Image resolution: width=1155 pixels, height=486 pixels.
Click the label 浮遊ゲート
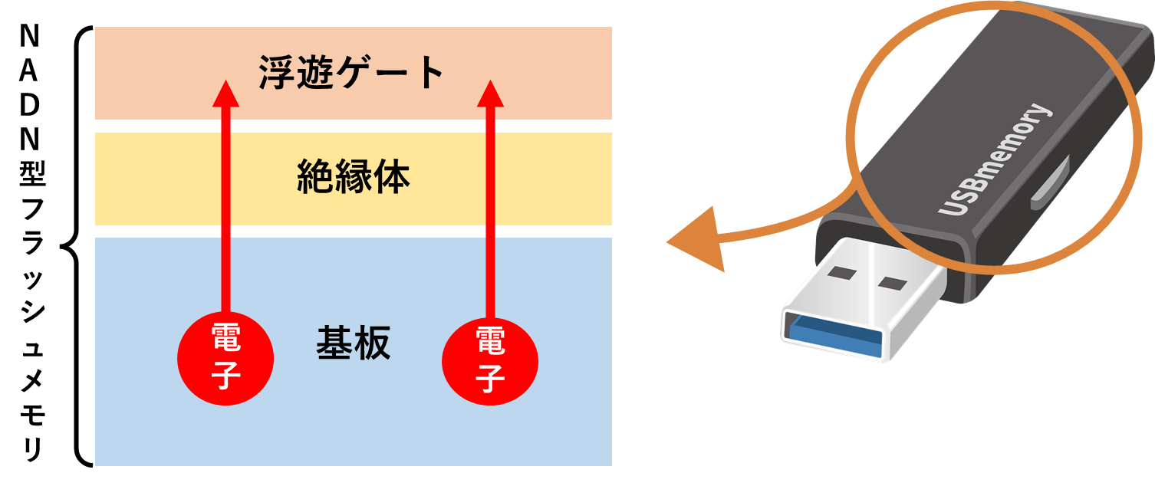pos(352,74)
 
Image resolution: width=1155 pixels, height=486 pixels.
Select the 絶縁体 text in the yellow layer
pos(354,178)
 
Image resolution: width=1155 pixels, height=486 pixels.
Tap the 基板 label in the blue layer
pos(354,344)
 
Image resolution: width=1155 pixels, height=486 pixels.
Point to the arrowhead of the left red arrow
pos(225,94)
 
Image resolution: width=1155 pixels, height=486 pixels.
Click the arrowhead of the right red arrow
pos(490,94)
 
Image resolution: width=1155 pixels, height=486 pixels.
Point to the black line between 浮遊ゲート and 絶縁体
pos(354,126)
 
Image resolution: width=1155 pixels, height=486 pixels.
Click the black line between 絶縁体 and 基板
pos(354,231)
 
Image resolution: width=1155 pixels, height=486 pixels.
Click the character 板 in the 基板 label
pos(372,344)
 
